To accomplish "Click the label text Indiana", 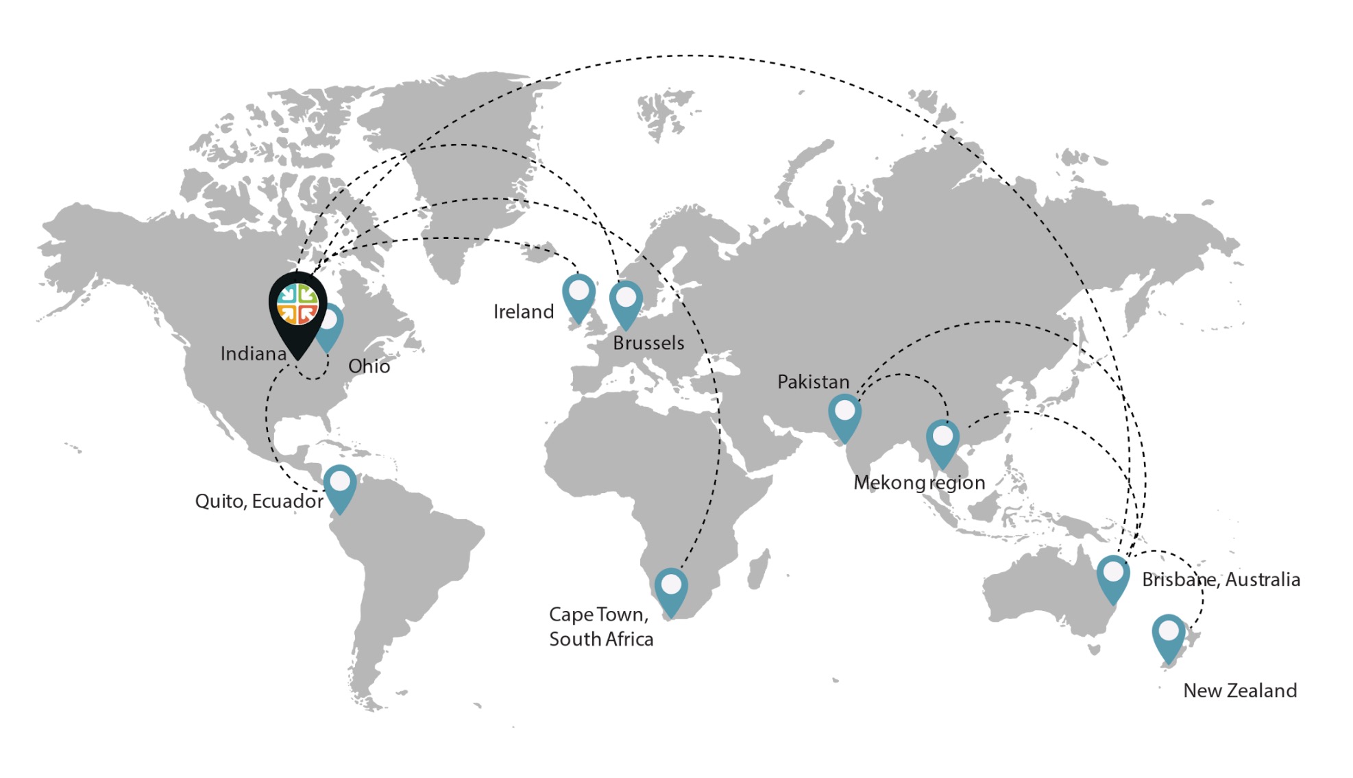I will pyautogui.click(x=253, y=354).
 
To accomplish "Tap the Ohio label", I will pyautogui.click(x=369, y=366).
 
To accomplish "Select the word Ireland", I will pyautogui.click(x=524, y=312).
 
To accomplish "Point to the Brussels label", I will pyautogui.click(x=648, y=343).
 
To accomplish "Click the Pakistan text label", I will pyautogui.click(x=813, y=382).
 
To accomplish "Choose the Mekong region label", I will pyautogui.click(x=919, y=483).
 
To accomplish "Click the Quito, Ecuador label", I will pyautogui.click(x=259, y=501).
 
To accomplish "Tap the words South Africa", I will pyautogui.click(x=601, y=640).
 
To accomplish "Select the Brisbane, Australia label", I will pyautogui.click(x=1221, y=580).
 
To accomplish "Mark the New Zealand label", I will pyautogui.click(x=1240, y=690).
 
